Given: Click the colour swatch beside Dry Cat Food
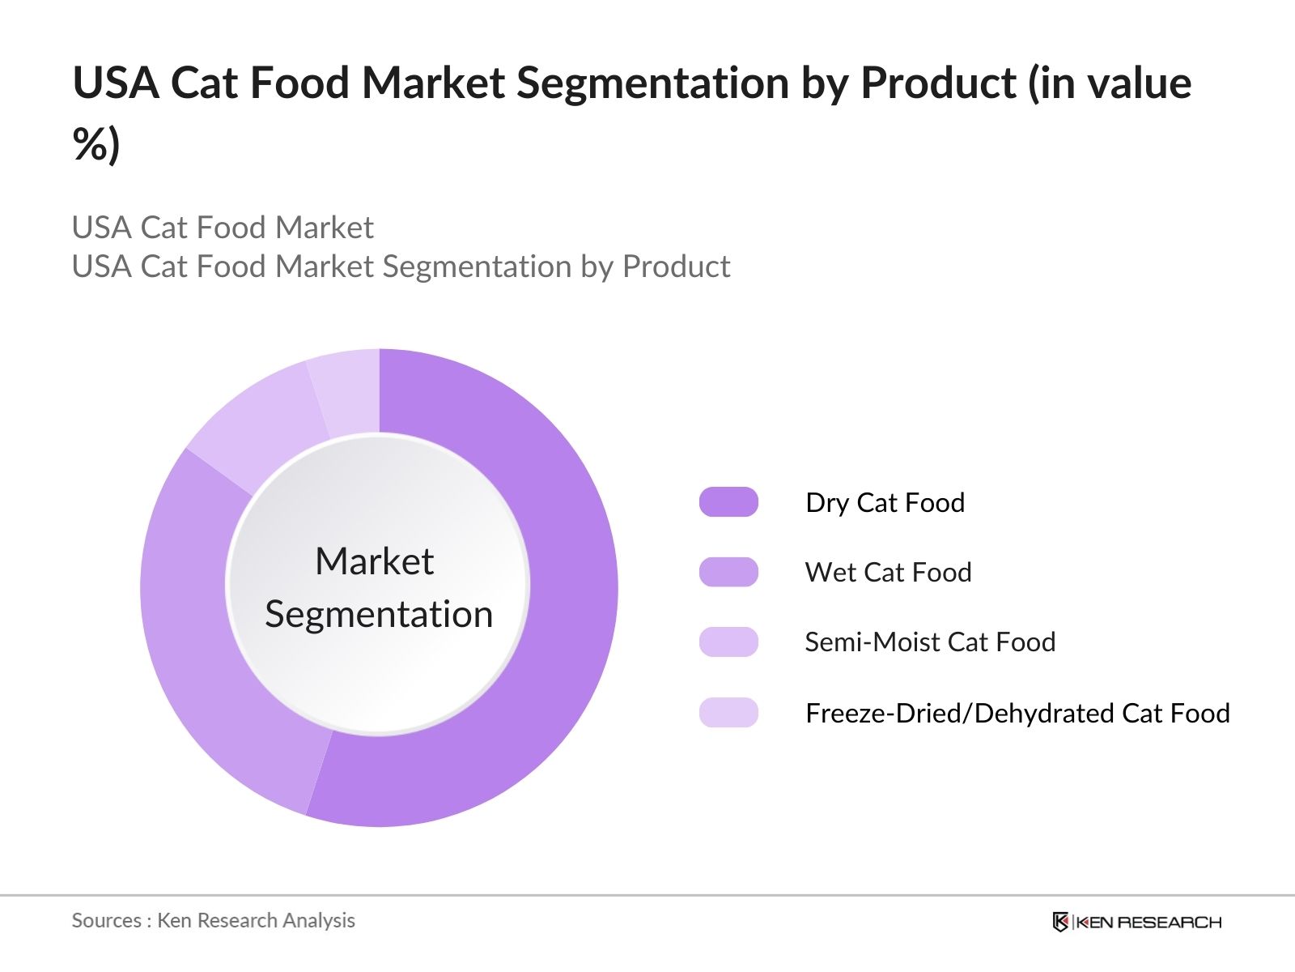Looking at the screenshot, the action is pyautogui.click(x=728, y=501).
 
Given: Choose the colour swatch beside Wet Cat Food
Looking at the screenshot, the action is pyautogui.click(x=728, y=572).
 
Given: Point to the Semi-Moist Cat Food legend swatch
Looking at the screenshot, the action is pyautogui.click(x=728, y=642).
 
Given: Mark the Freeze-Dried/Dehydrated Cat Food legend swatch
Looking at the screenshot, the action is pyautogui.click(x=728, y=712).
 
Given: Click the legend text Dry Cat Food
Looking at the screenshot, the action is pyautogui.click(x=885, y=503).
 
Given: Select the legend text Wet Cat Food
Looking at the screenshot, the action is pyautogui.click(x=888, y=573).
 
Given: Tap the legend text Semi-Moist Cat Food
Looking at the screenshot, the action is pyautogui.click(x=931, y=642).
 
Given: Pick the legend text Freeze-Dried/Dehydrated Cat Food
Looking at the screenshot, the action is pyautogui.click(x=1017, y=714).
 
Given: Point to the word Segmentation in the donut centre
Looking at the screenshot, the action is pyautogui.click(x=379, y=615).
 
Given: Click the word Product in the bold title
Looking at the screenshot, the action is pyautogui.click(x=939, y=83).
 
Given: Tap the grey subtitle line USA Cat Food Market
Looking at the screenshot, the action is pyautogui.click(x=223, y=228).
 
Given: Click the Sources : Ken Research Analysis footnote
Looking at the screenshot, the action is pyautogui.click(x=213, y=921).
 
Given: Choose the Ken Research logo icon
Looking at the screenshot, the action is pyautogui.click(x=1060, y=922).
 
